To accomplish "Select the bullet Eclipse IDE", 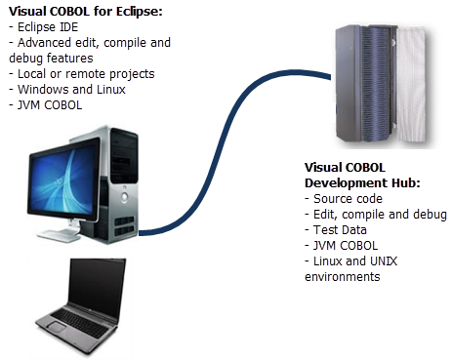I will pos(44,27).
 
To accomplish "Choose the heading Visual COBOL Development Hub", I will pos(361,176).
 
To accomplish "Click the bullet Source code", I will pos(346,199).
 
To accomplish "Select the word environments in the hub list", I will pos(342,277).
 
